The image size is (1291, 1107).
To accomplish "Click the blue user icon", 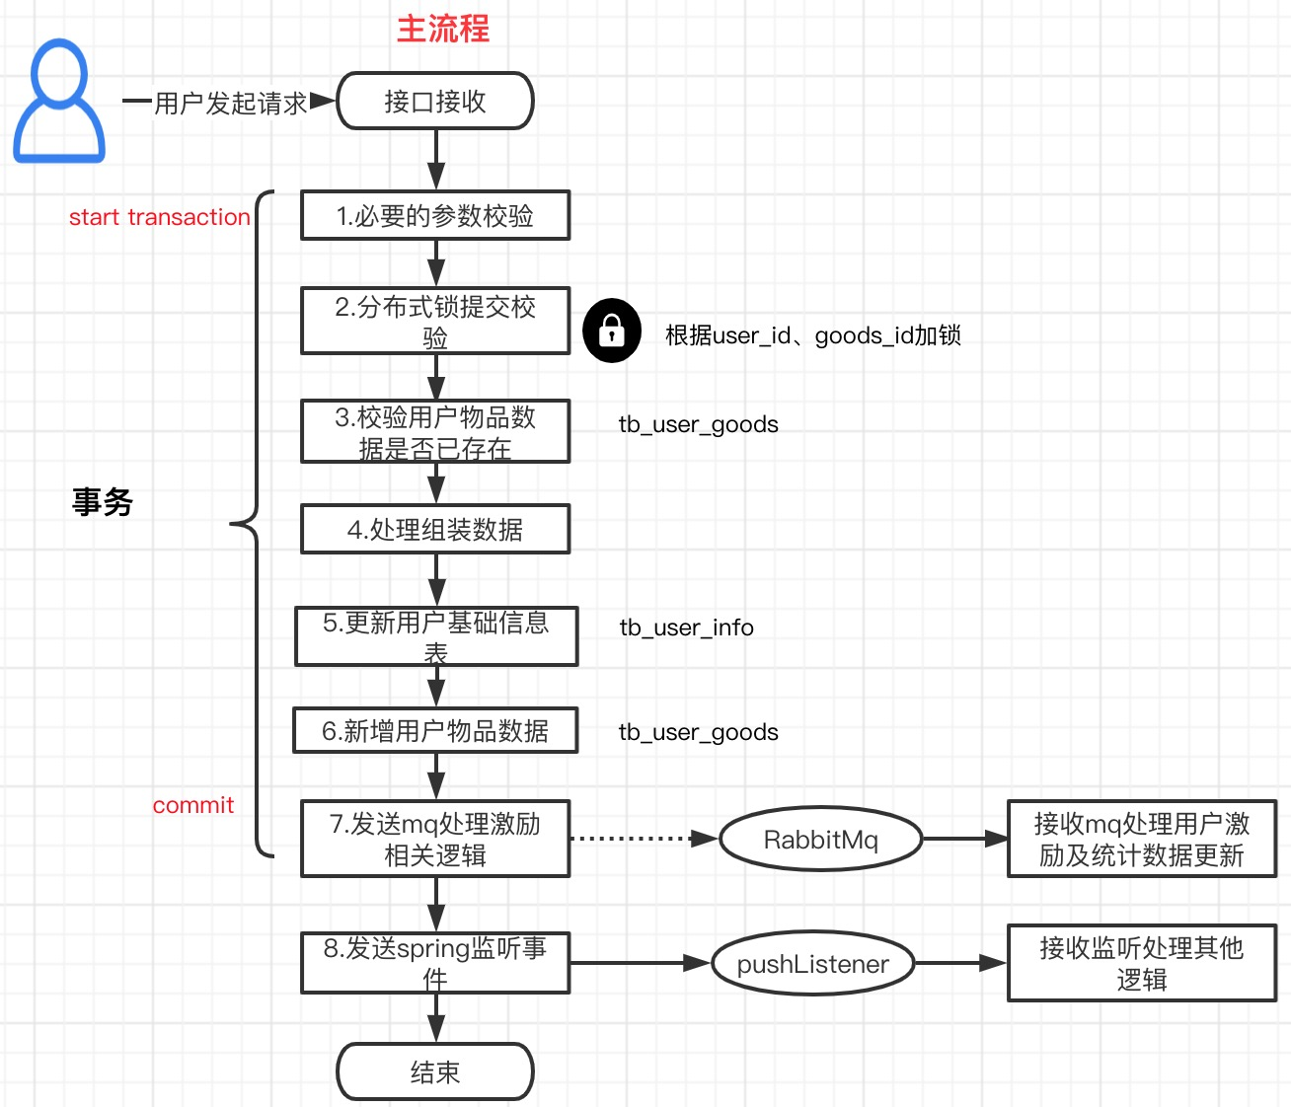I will (59, 101).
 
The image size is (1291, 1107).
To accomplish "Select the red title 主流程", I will (442, 29).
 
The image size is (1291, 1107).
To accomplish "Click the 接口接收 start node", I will (435, 101).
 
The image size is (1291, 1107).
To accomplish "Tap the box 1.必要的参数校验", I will (435, 215).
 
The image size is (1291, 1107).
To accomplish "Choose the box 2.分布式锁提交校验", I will (435, 321).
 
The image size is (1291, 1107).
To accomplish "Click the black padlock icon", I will (612, 331).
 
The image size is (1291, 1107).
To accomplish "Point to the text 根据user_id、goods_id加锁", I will (812, 335).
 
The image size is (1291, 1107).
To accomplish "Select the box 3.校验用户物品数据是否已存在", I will (435, 431).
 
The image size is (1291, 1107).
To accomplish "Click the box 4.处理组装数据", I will (435, 529).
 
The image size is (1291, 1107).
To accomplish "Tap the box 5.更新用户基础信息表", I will (435, 636).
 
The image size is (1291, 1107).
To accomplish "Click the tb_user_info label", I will (686, 627).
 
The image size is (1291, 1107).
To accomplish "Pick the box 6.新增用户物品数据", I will (435, 730).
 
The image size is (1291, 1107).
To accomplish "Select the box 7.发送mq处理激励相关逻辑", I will (435, 839).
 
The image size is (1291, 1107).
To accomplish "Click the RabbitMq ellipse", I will (820, 840).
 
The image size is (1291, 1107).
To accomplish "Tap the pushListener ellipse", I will (812, 964).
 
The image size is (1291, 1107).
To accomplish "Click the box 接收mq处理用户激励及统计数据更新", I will (1141, 839).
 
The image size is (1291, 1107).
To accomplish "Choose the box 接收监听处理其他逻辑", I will (1141, 963).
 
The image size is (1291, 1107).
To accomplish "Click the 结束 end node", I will (435, 1071).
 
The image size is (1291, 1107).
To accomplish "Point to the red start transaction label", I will (159, 217).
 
